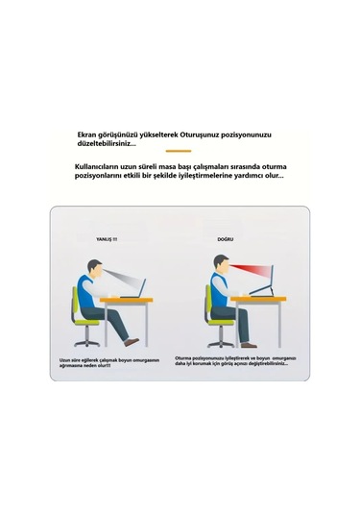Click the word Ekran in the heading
click(90, 135)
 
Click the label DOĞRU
click(227, 237)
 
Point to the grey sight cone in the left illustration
click(121, 279)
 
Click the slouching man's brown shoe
click(132, 341)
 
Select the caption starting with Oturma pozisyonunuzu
click(236, 361)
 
